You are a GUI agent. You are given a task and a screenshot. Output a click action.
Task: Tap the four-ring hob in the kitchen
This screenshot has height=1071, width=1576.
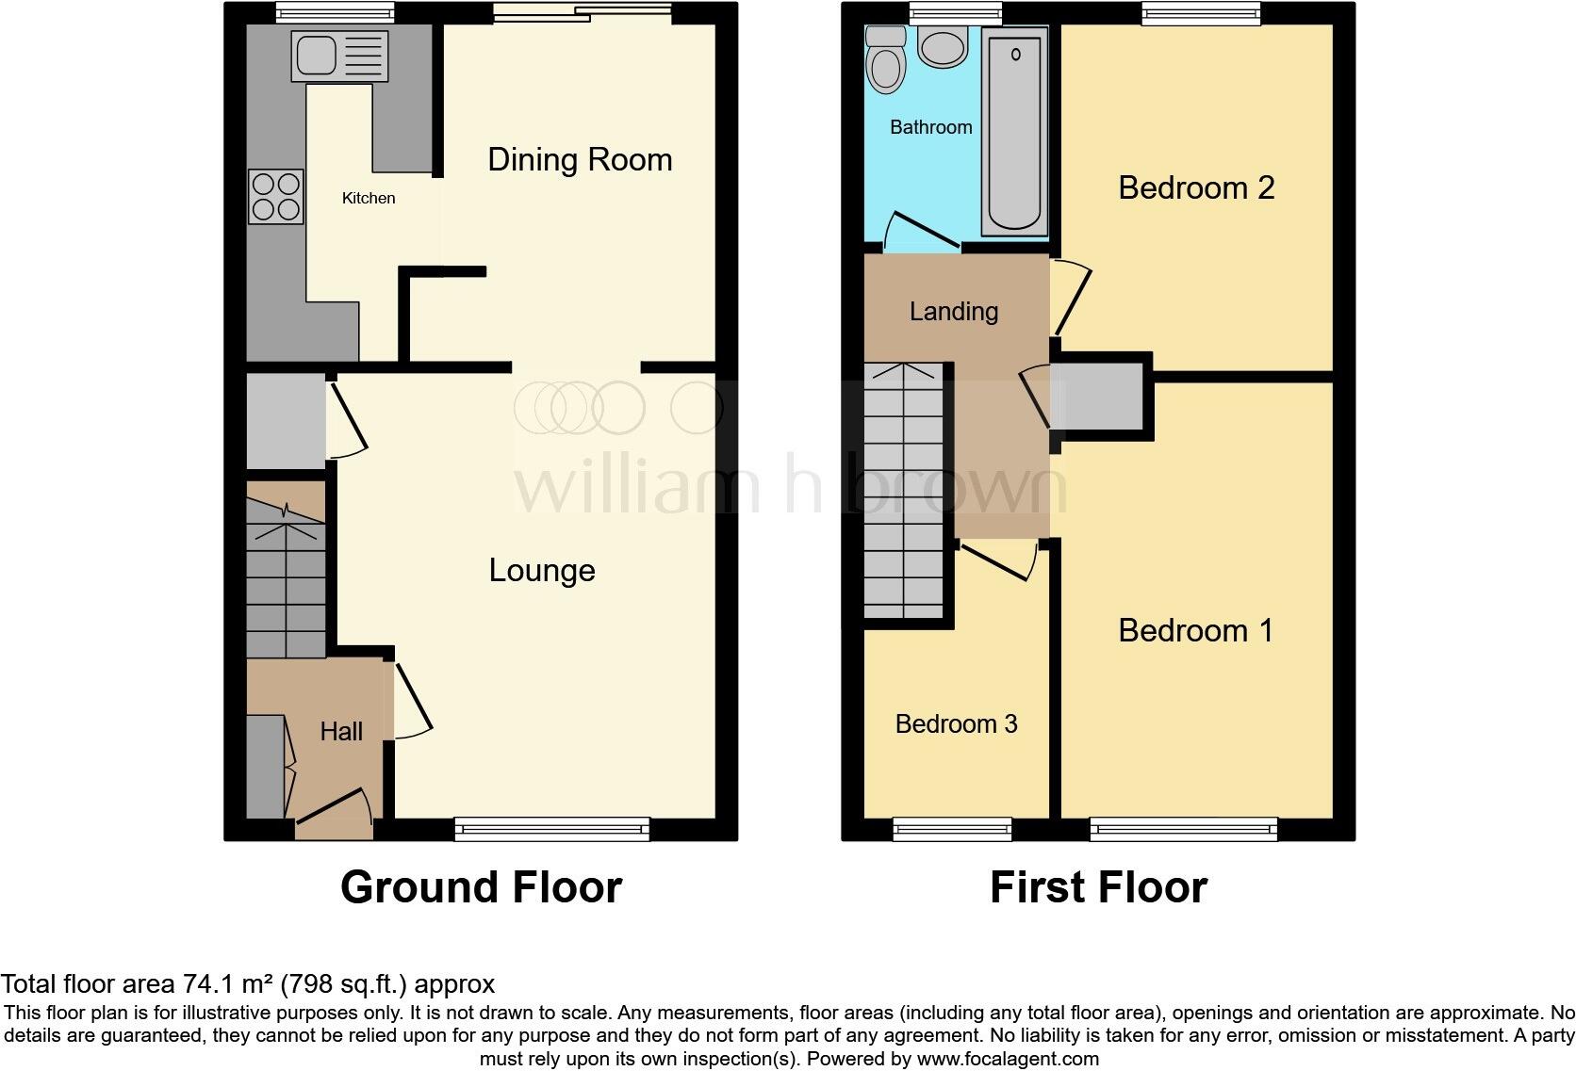click(x=275, y=196)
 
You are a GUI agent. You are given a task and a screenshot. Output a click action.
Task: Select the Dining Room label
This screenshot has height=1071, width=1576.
click(x=580, y=159)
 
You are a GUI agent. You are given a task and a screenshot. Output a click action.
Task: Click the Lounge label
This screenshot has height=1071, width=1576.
click(x=542, y=570)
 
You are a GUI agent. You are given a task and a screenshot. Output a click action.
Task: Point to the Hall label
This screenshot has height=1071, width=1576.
click(x=340, y=731)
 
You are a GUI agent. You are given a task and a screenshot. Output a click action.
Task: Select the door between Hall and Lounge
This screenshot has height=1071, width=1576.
click(x=411, y=701)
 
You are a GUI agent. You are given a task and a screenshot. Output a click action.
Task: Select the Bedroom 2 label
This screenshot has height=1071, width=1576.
click(x=1195, y=187)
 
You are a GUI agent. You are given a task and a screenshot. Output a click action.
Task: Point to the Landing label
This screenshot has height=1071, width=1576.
click(x=953, y=311)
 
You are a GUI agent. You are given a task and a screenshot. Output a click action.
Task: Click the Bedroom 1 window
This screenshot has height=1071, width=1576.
click(x=1184, y=829)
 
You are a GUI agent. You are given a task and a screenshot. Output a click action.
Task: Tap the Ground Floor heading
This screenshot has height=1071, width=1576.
click(x=481, y=887)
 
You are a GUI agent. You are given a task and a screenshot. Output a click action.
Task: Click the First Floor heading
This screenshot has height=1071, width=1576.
click(x=1098, y=887)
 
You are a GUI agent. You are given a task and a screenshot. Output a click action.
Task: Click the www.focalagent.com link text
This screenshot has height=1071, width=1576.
click(x=1007, y=1059)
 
